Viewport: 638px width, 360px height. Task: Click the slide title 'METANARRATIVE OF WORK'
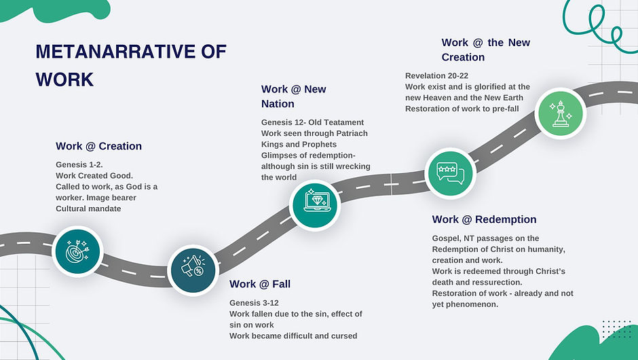pos(130,65)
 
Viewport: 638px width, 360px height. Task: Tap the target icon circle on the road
pos(76,250)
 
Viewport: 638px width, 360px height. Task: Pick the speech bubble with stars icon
pos(449,172)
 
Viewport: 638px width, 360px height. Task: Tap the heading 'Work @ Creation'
pos(98,146)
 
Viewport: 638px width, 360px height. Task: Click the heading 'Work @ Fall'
pos(260,284)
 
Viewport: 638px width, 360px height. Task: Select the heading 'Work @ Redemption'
pos(484,219)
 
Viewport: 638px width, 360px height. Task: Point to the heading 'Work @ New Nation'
pos(293,96)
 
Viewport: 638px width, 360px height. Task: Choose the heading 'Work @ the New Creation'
pos(485,50)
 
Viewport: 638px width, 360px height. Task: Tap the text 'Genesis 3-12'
pos(254,302)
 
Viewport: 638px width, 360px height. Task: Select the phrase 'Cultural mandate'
pos(88,209)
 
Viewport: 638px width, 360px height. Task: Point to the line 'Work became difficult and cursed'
pos(293,336)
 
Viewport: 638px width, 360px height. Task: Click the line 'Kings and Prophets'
pos(299,144)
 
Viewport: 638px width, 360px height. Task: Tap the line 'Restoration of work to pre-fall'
pos(466,109)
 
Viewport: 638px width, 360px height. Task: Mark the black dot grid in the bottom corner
pos(616,329)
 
